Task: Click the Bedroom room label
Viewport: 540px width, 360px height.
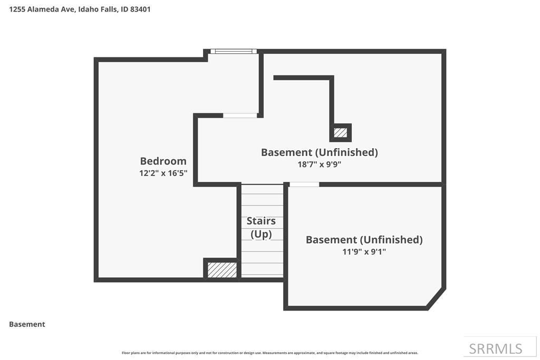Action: coord(163,161)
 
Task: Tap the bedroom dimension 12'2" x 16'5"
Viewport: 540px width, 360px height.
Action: coord(163,173)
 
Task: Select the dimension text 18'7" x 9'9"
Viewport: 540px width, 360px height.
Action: coord(319,164)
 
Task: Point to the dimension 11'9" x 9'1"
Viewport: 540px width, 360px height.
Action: coord(364,251)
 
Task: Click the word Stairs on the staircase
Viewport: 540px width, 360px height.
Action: coord(261,221)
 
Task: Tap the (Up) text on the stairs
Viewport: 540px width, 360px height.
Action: coord(261,234)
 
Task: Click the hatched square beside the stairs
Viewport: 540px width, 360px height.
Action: coord(222,269)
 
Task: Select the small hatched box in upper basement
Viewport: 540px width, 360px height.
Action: coord(341,132)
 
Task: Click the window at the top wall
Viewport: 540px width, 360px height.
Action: coord(233,51)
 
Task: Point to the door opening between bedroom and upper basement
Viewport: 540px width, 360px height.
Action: coord(240,115)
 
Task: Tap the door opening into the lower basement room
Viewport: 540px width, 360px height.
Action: coord(304,184)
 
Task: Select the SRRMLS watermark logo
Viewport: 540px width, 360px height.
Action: coord(495,348)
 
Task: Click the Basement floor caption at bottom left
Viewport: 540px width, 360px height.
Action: coord(27,324)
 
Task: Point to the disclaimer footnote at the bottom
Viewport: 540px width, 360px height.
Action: coord(269,353)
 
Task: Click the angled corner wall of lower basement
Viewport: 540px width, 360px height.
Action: coord(436,298)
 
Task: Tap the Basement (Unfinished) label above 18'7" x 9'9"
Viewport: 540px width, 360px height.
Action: coord(319,152)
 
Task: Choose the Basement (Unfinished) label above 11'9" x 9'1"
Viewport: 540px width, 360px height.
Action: coord(364,240)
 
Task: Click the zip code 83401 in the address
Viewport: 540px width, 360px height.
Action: coord(140,9)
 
